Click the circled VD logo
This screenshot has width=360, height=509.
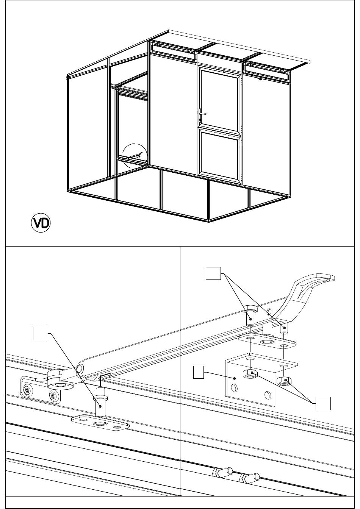click(41, 223)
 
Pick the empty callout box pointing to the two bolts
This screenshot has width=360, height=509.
click(213, 273)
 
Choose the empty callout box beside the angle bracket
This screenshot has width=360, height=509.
click(200, 372)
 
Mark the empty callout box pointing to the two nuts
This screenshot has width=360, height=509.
click(323, 403)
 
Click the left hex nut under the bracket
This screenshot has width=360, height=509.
click(250, 374)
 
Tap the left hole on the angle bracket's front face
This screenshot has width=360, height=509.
click(233, 388)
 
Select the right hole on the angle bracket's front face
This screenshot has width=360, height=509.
click(268, 395)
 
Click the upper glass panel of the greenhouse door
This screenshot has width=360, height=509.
click(219, 99)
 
